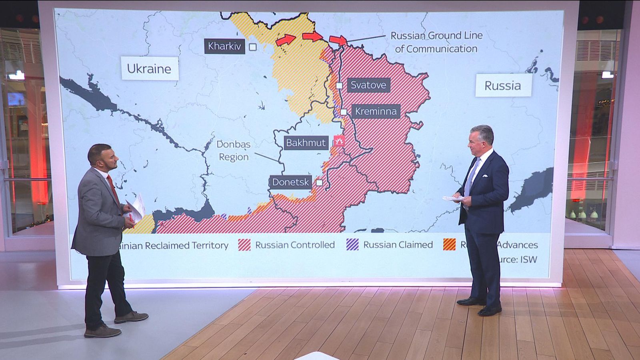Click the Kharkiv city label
224,46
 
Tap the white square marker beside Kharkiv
253,47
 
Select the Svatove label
368,85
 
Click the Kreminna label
376,111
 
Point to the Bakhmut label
306,143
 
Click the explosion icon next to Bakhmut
339,141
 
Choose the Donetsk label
291,182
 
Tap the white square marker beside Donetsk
319,183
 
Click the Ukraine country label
149,69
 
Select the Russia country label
502,86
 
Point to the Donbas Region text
234,150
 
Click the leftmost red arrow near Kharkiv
285,40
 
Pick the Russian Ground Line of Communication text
436,42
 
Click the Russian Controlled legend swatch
244,245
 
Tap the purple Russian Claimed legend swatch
352,245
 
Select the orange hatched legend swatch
449,245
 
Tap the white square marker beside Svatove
339,85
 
